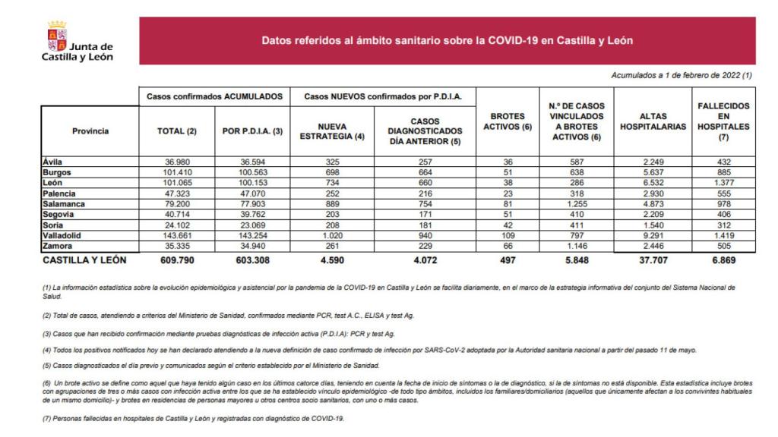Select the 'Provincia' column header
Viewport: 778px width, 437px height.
coord(90,130)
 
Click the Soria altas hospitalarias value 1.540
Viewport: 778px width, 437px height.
coord(652,225)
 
